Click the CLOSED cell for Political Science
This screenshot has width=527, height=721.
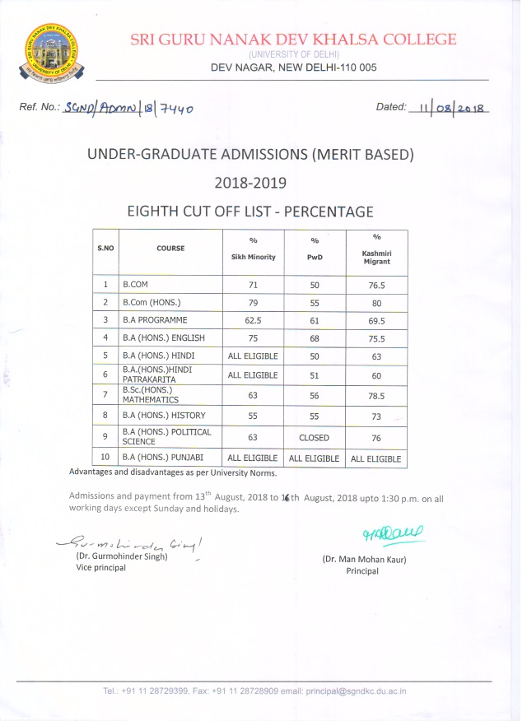click(314, 438)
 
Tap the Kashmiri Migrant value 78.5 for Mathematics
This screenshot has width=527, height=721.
click(376, 396)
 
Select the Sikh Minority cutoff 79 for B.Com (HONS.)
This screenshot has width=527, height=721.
click(253, 302)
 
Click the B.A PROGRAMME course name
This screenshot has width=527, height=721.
click(155, 319)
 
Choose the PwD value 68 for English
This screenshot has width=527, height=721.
click(314, 338)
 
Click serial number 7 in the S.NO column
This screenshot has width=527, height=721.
click(105, 395)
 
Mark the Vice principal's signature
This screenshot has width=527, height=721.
click(128, 542)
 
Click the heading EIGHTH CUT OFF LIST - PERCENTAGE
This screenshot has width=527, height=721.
click(250, 212)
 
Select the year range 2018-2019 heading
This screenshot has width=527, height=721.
click(250, 182)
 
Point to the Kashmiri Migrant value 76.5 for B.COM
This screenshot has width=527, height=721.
click(376, 285)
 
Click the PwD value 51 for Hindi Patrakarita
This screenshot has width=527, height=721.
click(314, 375)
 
